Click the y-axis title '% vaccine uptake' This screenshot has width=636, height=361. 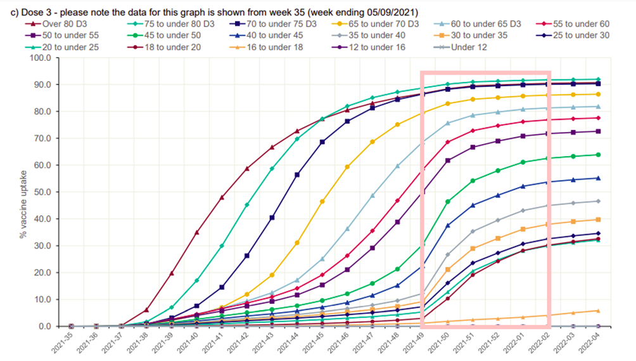click(22, 192)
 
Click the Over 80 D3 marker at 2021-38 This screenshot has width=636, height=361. click(146, 310)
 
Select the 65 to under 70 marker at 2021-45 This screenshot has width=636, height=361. click(322, 201)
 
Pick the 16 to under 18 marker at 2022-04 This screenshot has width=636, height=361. click(598, 310)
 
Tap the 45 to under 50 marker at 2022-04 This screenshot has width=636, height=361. click(598, 154)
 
